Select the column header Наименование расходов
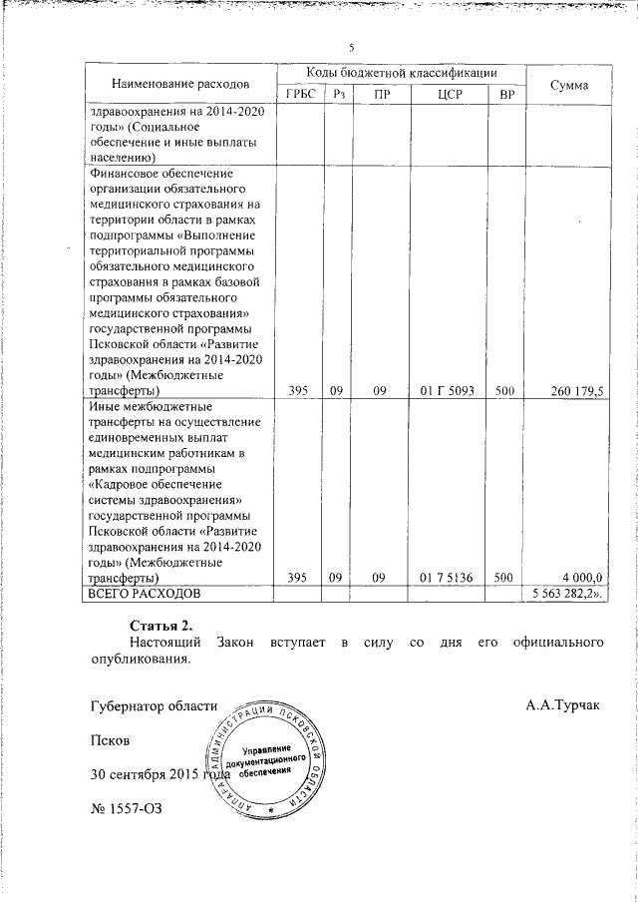180,81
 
